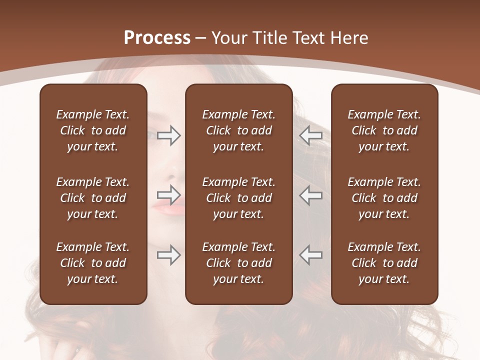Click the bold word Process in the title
pyautogui.click(x=157, y=38)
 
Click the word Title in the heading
pyautogui.click(x=269, y=38)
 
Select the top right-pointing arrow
pyautogui.click(x=168, y=135)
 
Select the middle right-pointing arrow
pyautogui.click(x=168, y=195)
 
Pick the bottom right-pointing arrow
pyautogui.click(x=168, y=254)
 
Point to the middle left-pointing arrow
pyautogui.click(x=310, y=195)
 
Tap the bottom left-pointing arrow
pyautogui.click(x=310, y=254)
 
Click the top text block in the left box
pyautogui.click(x=93, y=130)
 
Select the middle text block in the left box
pyautogui.click(x=93, y=198)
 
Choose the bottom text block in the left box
pyautogui.click(x=93, y=263)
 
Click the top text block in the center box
pyautogui.click(x=239, y=130)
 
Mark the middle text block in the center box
pyautogui.click(x=239, y=198)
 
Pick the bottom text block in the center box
pyautogui.click(x=239, y=263)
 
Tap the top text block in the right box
pyautogui.click(x=384, y=130)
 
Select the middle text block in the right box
pyautogui.click(x=384, y=198)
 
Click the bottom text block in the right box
pyautogui.click(x=384, y=263)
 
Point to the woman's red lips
pyautogui.click(x=168, y=206)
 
